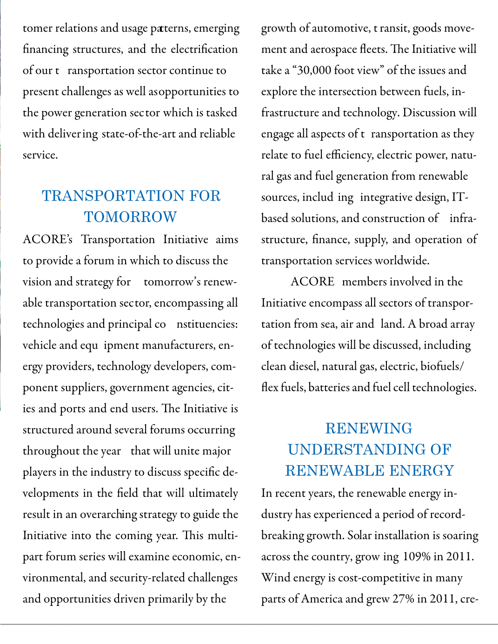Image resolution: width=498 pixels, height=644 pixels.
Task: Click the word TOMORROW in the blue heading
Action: click(x=130, y=217)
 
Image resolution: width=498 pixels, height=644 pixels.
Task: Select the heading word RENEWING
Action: click(x=369, y=428)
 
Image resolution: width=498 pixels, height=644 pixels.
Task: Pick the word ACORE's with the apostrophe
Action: click(x=47, y=239)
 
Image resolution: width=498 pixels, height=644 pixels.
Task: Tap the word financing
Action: click(x=46, y=49)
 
